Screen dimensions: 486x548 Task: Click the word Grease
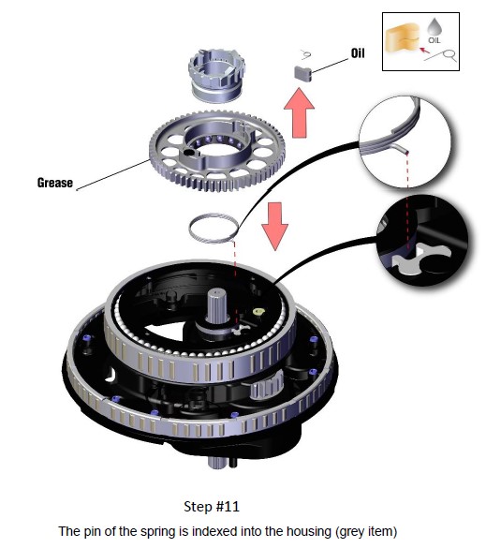pyautogui.click(x=55, y=183)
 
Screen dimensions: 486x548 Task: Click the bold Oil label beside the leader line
pyautogui.click(x=358, y=53)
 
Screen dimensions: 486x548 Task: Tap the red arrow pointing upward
pyautogui.click(x=299, y=112)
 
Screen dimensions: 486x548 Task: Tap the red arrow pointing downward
pyautogui.click(x=275, y=226)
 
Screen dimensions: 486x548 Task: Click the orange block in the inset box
pyautogui.click(x=402, y=38)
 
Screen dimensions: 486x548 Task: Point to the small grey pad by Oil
pyautogui.click(x=302, y=73)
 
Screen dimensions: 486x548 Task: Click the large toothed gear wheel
pyautogui.click(x=217, y=151)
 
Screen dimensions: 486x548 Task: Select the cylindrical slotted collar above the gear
pyautogui.click(x=216, y=76)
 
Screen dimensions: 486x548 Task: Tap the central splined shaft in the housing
pyautogui.click(x=216, y=304)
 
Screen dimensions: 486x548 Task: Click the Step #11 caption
pyautogui.click(x=212, y=506)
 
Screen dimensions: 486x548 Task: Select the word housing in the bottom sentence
pyautogui.click(x=309, y=531)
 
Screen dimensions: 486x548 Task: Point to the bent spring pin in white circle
pyautogui.click(x=399, y=148)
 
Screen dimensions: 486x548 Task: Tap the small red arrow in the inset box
pyautogui.click(x=424, y=51)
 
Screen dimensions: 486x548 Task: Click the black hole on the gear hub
pyautogui.click(x=189, y=153)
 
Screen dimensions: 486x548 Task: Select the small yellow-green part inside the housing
pyautogui.click(x=258, y=311)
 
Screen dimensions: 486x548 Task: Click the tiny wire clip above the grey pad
pyautogui.click(x=307, y=54)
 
